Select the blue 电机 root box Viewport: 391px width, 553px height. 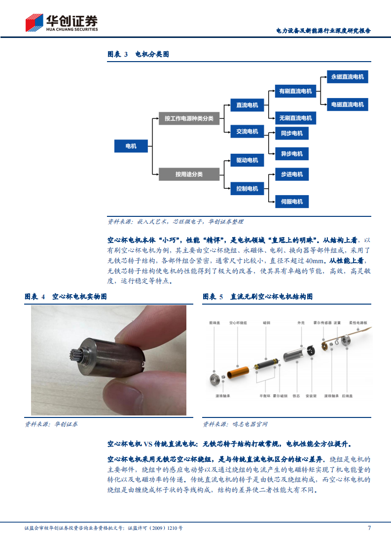click(131, 146)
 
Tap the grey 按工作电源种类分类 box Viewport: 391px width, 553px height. click(189, 119)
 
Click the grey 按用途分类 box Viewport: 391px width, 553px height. click(189, 174)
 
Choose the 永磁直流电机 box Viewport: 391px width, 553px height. click(347, 77)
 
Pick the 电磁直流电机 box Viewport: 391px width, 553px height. click(347, 104)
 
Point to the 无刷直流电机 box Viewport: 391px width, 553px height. click(295, 118)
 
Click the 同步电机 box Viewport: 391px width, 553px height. click(292, 133)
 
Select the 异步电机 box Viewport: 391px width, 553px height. click(292, 154)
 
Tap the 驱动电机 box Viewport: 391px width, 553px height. click(247, 160)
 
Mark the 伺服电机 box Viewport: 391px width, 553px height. click(292, 201)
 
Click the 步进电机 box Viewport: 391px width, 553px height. click(292, 174)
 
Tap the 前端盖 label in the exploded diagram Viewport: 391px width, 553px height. click(213, 323)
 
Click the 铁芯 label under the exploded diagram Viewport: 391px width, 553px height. click(296, 396)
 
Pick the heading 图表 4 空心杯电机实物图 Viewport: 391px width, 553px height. click(66, 297)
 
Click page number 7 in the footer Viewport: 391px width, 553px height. click(369, 528)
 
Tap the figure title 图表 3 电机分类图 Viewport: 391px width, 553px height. click(138, 54)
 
